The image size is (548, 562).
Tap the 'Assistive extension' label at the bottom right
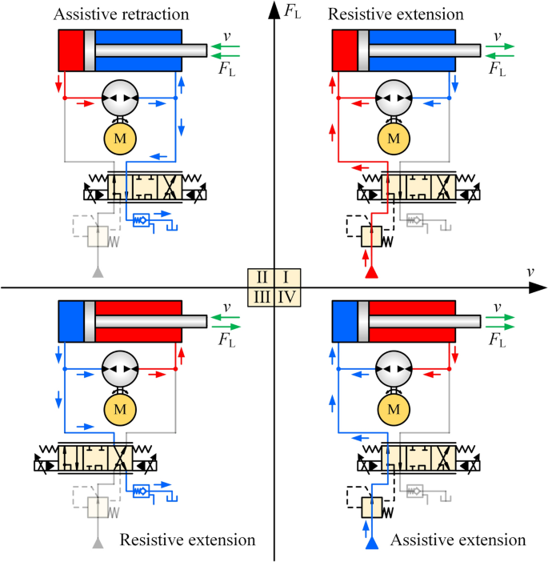pos(458,540)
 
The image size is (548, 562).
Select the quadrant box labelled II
pos(260,278)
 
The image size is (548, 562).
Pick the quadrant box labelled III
pos(260,296)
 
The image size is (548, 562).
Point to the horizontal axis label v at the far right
pos(530,272)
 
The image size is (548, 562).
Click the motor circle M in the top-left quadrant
pos(119,138)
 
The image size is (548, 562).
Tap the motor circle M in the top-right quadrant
pos(393,138)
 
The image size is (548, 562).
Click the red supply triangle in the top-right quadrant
pos(370,272)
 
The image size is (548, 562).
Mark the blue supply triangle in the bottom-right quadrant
pos(370,544)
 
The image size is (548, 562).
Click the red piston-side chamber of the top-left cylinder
pos(70,50)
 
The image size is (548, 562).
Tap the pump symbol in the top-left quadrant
pos(119,98)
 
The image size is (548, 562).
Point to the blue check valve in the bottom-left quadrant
pos(142,488)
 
